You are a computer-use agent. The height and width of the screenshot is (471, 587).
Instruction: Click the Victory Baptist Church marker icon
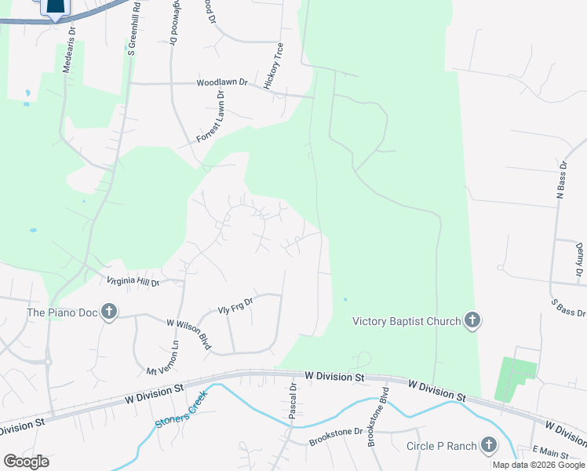coord(472,320)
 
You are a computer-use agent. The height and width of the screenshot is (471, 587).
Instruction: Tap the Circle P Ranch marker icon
coord(489,446)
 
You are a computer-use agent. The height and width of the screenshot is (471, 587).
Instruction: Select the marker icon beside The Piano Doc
coord(108,312)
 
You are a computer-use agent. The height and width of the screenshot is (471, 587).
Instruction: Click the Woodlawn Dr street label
coord(222,82)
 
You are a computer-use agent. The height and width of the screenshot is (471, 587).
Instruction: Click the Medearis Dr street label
coord(71,52)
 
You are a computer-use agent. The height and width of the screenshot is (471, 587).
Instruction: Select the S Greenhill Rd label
coord(134,31)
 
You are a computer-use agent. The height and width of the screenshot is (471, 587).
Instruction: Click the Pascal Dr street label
coord(292,401)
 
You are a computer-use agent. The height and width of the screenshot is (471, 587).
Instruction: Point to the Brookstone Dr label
coord(336,432)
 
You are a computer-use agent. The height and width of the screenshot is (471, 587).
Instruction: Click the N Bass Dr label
coord(561,181)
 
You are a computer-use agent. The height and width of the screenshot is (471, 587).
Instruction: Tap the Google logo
coord(26,462)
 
